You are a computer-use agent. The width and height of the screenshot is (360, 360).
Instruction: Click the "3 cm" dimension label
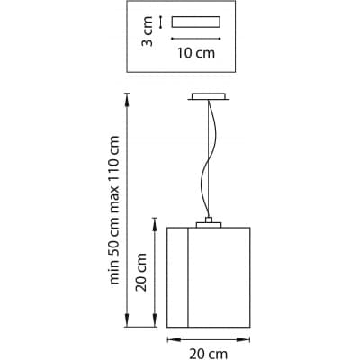click(148, 31)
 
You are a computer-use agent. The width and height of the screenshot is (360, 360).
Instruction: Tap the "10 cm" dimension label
click(196, 53)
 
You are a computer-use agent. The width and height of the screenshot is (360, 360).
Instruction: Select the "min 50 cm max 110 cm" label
click(113, 210)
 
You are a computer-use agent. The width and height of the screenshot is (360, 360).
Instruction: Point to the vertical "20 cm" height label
click(141, 272)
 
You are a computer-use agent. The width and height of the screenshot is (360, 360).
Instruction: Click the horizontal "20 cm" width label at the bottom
click(208, 354)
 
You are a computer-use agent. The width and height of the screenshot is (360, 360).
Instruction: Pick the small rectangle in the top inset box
click(196, 22)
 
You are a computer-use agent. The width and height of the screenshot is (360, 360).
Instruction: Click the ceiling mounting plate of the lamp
click(209, 96)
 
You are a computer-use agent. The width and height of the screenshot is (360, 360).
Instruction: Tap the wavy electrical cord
click(209, 159)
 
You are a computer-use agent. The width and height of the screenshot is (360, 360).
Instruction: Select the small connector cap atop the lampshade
click(209, 220)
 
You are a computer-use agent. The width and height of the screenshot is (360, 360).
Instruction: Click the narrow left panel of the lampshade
click(177, 277)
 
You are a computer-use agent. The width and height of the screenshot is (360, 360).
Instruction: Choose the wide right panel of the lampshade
click(220, 277)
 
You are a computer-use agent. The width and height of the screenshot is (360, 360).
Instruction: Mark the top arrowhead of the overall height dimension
click(127, 99)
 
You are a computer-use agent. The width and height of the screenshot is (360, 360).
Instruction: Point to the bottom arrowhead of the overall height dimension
click(127, 320)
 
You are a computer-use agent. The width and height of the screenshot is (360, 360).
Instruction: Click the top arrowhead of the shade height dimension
click(155, 224)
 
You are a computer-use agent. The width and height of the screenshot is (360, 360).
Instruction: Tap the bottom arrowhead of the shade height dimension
click(155, 320)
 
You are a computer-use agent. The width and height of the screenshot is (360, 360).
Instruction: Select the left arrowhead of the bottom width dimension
click(174, 339)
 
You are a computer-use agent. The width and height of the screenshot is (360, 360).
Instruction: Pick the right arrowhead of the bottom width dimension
click(244, 339)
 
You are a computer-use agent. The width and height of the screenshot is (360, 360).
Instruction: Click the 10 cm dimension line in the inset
click(196, 39)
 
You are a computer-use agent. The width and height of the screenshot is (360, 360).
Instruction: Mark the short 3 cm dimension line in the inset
click(161, 22)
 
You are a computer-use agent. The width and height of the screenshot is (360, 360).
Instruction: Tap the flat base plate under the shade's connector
click(209, 225)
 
